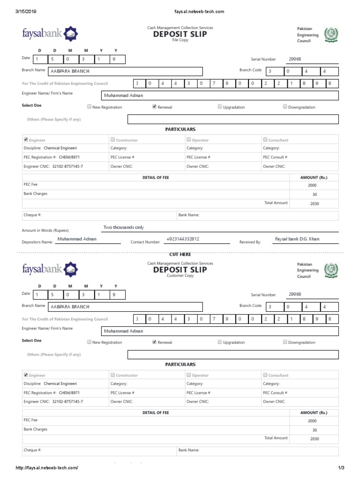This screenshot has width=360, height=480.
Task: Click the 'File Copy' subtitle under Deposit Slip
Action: (180, 41)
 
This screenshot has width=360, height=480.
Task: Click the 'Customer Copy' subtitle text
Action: (180, 276)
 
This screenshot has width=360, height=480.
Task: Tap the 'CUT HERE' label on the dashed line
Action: (180, 254)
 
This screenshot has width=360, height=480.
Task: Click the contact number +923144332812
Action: (183, 239)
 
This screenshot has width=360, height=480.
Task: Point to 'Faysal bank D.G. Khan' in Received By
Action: (297, 239)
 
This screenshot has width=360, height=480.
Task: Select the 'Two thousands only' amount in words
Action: (124, 227)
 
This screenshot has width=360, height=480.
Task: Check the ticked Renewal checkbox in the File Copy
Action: (154, 107)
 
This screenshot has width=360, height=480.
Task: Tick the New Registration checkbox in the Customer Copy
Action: (90, 342)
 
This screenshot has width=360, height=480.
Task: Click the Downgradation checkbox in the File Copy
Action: (285, 107)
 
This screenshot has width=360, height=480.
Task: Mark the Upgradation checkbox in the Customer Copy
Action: (220, 342)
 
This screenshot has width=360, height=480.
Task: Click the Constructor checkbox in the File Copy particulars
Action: (112, 140)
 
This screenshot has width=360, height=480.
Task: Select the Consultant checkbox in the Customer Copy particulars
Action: (265, 375)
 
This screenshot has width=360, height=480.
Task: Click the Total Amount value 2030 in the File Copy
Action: (314, 204)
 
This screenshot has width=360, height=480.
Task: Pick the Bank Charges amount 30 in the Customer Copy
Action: (314, 430)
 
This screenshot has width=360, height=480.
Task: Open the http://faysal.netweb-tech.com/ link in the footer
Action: (47, 468)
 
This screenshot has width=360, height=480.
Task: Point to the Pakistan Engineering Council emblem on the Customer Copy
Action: (330, 270)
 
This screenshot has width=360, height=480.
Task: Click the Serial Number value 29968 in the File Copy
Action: (295, 59)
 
